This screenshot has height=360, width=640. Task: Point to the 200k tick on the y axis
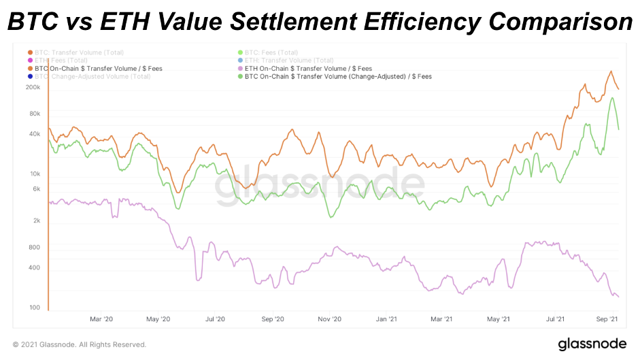tap(34, 88)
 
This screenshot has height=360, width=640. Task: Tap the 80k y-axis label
tap(36, 114)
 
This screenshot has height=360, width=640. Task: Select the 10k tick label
tap(36, 174)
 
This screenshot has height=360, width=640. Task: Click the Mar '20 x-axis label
tap(101, 318)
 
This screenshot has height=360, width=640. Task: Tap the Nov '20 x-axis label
tap(329, 318)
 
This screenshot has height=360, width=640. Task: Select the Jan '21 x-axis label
tap(386, 318)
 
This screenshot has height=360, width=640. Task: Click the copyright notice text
tap(80, 344)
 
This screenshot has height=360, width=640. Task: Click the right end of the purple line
tap(618, 297)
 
